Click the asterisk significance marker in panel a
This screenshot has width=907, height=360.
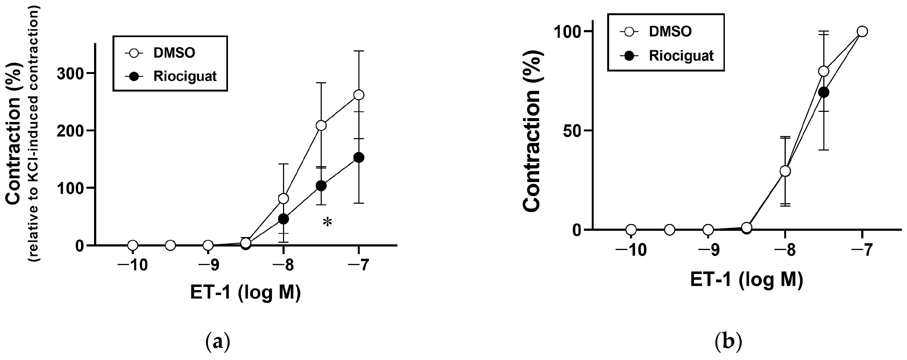pos(327,222)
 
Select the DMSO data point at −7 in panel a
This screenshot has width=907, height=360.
pos(358,95)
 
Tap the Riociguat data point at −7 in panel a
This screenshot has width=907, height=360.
pos(358,158)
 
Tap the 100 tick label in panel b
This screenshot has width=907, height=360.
pos(567,32)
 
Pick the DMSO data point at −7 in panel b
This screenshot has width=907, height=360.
pos(862,31)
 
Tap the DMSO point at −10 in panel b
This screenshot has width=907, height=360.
pos(631,230)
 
